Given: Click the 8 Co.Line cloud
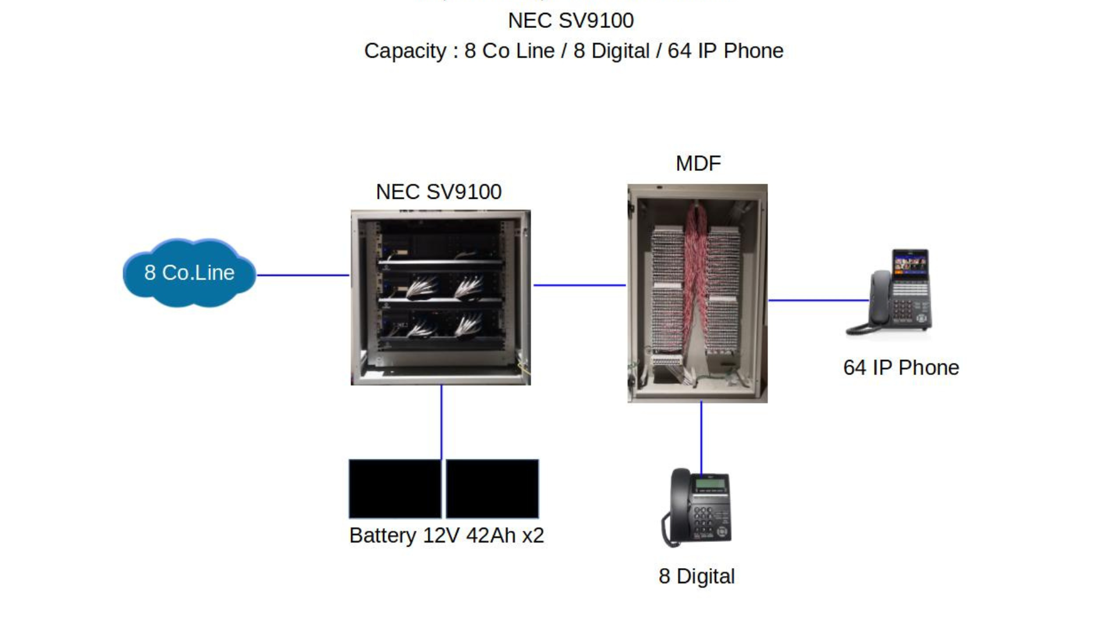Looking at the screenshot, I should pyautogui.click(x=189, y=273).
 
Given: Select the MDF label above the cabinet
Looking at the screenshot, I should pyautogui.click(x=698, y=163).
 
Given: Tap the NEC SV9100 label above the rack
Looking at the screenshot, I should pyautogui.click(x=438, y=192).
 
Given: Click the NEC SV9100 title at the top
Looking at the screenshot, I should pyautogui.click(x=571, y=21).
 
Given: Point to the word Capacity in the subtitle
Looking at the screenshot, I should pyautogui.click(x=405, y=51).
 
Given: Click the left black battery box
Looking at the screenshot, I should pyautogui.click(x=395, y=488).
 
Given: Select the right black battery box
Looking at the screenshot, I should pyautogui.click(x=492, y=488).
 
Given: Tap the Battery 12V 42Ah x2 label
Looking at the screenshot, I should pyautogui.click(x=446, y=536).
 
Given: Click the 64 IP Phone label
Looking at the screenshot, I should pyautogui.click(x=901, y=367).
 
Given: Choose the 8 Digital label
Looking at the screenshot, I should pyautogui.click(x=696, y=576).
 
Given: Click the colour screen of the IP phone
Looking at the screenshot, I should pyautogui.click(x=910, y=263).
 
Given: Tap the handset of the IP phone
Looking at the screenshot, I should pyautogui.click(x=879, y=299).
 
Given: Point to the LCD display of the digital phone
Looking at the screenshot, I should pyautogui.click(x=710, y=484).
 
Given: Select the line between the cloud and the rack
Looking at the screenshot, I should pyautogui.click(x=303, y=275).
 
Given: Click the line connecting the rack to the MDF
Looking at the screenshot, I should pyautogui.click(x=580, y=285).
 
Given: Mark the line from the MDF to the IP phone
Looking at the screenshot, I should pyautogui.click(x=818, y=301).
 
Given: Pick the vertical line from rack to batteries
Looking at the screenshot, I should pyautogui.click(x=441, y=422).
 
